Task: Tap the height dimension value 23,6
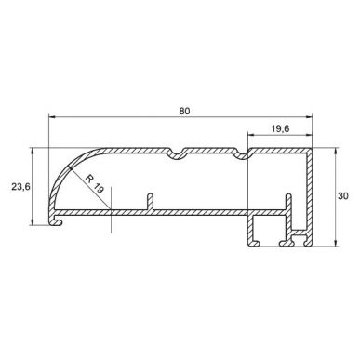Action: [20, 186]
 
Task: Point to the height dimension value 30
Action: [344, 197]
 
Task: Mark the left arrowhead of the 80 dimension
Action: [50, 118]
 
